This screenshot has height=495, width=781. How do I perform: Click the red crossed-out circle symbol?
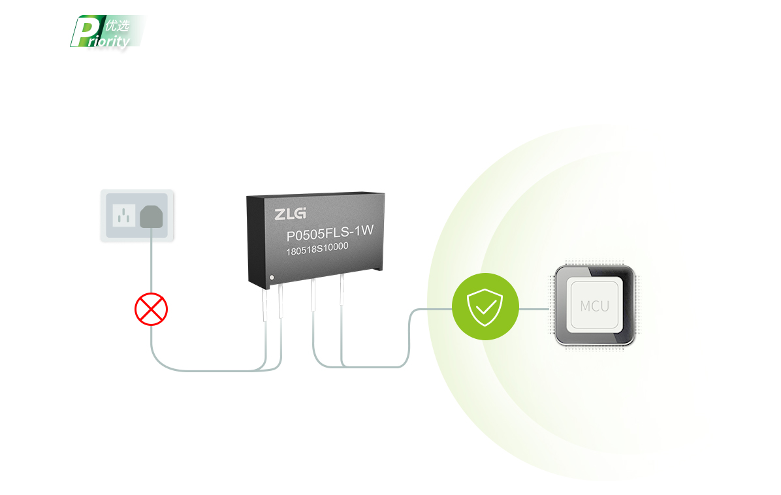click(x=151, y=310)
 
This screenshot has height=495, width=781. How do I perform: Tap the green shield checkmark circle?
click(x=485, y=307)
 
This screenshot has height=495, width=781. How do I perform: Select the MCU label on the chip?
click(x=595, y=306)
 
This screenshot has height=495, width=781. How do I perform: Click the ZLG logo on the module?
click(x=291, y=214)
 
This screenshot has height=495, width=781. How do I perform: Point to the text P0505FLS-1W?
click(x=330, y=232)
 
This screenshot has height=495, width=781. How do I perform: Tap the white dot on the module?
click(x=272, y=278)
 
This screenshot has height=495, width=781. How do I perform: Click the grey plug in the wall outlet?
click(x=151, y=217)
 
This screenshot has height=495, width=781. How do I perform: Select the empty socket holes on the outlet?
click(x=124, y=216)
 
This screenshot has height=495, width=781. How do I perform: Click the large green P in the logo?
click(x=86, y=32)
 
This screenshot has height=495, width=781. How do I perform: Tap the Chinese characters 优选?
click(x=118, y=25)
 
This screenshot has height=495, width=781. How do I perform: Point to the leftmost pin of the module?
click(x=264, y=304)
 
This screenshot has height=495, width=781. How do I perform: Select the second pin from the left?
click(x=280, y=301)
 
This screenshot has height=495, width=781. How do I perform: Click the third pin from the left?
click(x=313, y=295)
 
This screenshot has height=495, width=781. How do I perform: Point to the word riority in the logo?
click(x=109, y=41)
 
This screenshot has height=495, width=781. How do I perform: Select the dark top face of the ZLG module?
click(x=316, y=194)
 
